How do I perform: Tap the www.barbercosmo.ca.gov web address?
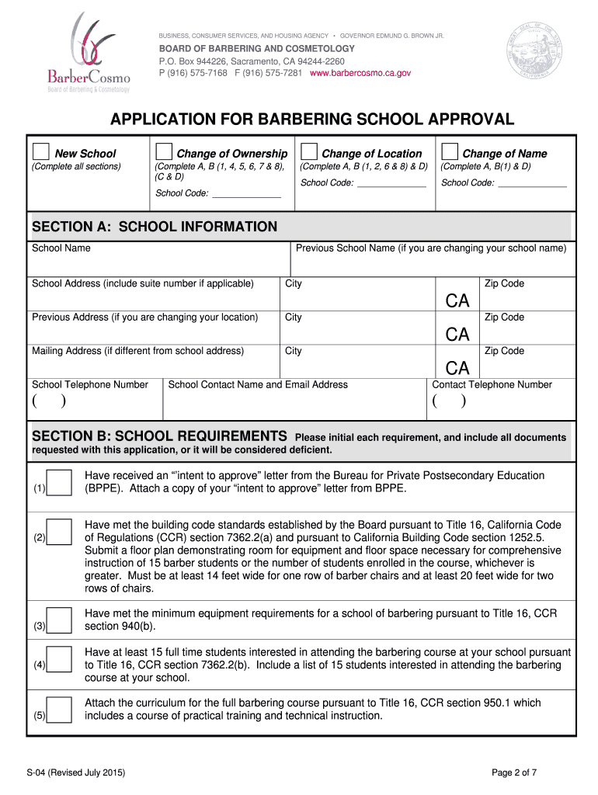pos(360,73)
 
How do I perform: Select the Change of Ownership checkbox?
pos(164,151)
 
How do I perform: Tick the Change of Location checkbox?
pos(308,151)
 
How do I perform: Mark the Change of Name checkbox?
pos(449,151)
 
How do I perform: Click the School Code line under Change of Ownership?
pos(246,194)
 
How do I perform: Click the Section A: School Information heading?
pos(154,227)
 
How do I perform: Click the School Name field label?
pos(61,248)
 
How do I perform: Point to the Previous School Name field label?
pos(431,248)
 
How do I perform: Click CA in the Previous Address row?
pos(457,335)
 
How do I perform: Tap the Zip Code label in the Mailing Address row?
pos(504,351)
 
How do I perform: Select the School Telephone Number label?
pos(89,384)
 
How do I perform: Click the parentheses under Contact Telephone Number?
pos(450,401)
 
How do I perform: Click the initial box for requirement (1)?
pos(59,482)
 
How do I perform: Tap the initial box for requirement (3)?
pos(59,620)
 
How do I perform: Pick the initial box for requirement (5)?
pos(59,710)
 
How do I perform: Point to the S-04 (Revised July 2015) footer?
pos(75,772)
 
